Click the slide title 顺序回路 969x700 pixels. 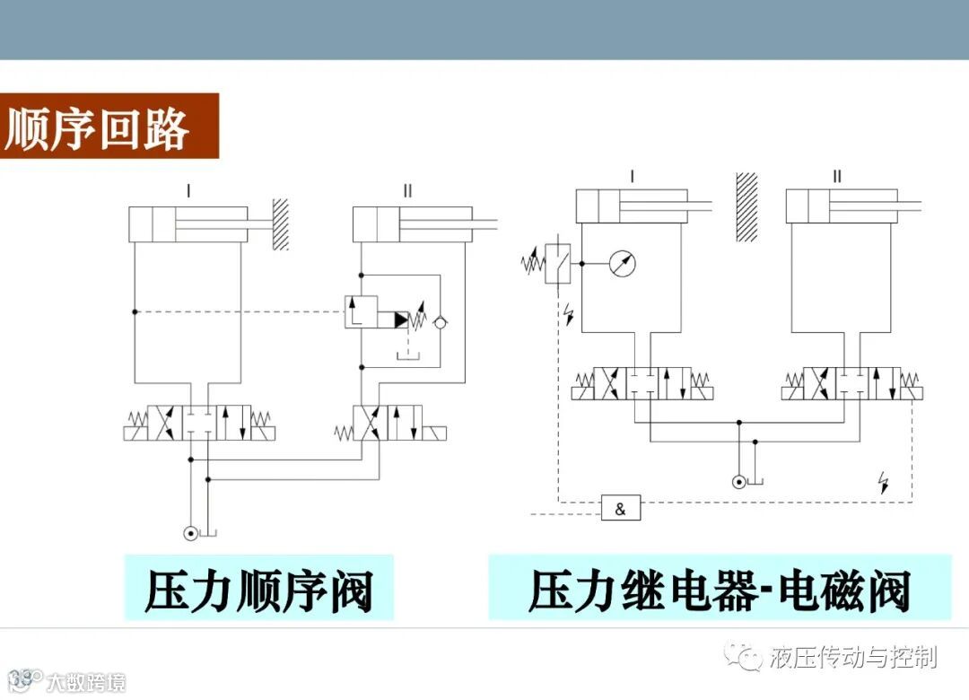point(98,128)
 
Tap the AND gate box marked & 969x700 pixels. point(621,509)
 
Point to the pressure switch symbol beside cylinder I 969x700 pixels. point(558,262)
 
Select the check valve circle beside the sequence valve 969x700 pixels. point(439,320)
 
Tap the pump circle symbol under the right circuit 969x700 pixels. point(738,482)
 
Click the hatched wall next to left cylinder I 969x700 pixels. point(281,224)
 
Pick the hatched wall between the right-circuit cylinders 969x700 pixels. point(746,206)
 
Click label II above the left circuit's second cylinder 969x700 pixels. point(408,190)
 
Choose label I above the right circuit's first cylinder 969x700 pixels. point(633,176)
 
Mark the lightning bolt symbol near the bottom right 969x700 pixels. point(884,483)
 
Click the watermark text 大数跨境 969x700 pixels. point(86,681)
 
